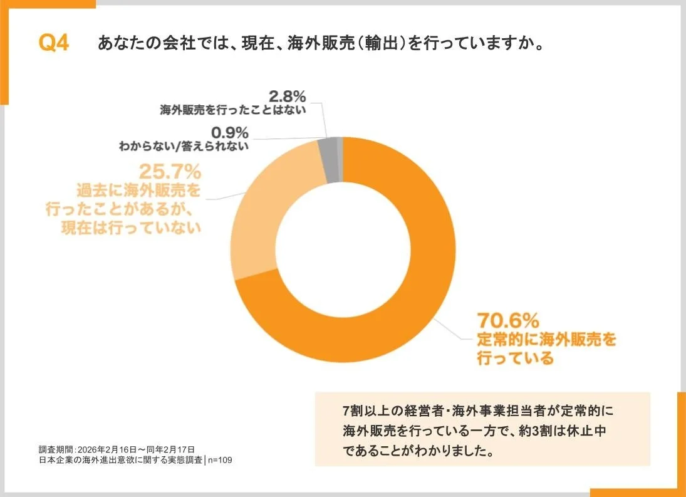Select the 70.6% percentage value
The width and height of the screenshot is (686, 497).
tap(508, 321)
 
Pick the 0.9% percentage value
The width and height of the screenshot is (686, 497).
tap(230, 132)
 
